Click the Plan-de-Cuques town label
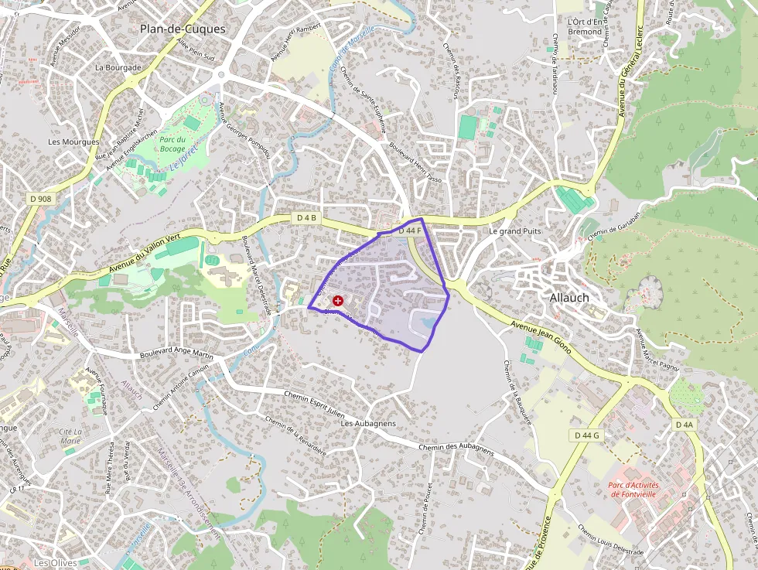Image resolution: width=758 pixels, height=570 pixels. (x=183, y=29)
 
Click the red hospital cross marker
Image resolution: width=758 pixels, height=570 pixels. (x=338, y=300)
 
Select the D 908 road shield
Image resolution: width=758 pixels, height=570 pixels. (x=41, y=199)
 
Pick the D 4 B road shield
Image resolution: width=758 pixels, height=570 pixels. (x=307, y=218)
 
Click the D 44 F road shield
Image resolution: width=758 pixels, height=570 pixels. (x=409, y=230)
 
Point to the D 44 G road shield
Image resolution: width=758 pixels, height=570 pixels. (x=588, y=435)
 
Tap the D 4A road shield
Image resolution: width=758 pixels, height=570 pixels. (x=685, y=425)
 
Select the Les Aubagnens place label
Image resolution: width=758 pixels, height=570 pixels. (x=368, y=423)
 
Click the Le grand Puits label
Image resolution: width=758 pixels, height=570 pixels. (x=515, y=231)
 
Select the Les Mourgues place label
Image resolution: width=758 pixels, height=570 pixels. (x=73, y=142)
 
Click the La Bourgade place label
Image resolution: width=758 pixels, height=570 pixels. (x=118, y=67)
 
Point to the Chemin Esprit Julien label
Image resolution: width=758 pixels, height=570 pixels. (x=314, y=403)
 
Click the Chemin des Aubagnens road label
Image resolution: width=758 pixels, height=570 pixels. (x=456, y=448)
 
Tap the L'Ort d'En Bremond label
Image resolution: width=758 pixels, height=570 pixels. (x=584, y=26)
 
